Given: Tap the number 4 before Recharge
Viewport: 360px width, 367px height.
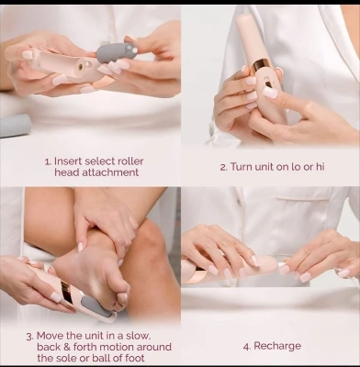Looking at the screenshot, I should (x=245, y=346).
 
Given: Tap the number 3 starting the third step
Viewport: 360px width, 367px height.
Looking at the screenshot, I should (x=28, y=334).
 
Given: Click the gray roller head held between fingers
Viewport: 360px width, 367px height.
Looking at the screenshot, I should (x=118, y=51).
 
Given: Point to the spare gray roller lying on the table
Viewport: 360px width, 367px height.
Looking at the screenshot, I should (x=14, y=126).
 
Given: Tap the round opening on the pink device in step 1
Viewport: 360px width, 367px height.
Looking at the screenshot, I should (x=78, y=67).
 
